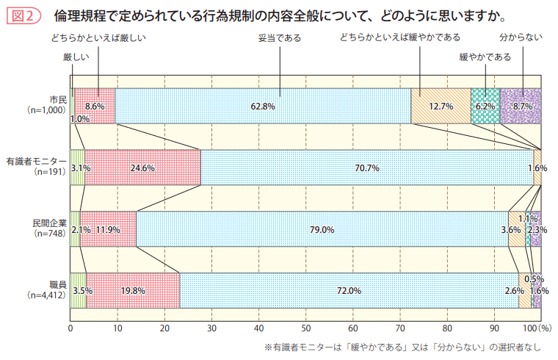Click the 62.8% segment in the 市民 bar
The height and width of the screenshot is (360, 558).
263,107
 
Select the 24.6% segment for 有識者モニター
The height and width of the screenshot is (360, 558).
142,168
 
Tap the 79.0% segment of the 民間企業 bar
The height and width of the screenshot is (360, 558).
322,229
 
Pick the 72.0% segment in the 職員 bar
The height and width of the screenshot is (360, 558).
349,290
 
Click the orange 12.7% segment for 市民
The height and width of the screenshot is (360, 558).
441,107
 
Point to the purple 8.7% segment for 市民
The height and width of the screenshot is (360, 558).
521,107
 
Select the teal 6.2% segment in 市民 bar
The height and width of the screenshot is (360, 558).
485,107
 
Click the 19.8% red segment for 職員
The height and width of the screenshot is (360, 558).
133,290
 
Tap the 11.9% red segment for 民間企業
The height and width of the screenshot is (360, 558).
108,229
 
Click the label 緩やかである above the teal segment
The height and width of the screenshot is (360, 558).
485,57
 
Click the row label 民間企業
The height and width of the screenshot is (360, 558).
49,222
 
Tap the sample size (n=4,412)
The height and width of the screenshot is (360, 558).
46,295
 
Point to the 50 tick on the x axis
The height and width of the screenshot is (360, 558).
306,328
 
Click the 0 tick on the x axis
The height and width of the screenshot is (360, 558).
70,328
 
